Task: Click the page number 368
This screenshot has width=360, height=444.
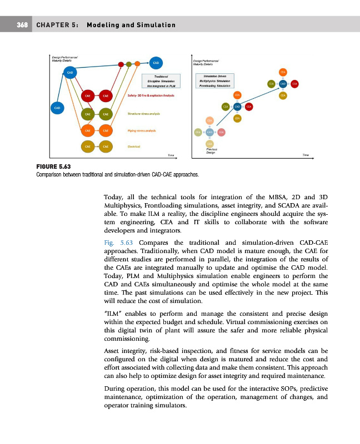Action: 22,25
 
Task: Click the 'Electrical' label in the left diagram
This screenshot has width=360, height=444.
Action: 133,147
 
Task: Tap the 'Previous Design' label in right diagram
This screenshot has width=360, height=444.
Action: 211,150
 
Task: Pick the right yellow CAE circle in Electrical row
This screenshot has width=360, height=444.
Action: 105,146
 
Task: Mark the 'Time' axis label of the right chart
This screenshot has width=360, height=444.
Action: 306,155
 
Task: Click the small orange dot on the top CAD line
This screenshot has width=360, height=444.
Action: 137,63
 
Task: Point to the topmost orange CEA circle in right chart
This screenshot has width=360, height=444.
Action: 283,73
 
